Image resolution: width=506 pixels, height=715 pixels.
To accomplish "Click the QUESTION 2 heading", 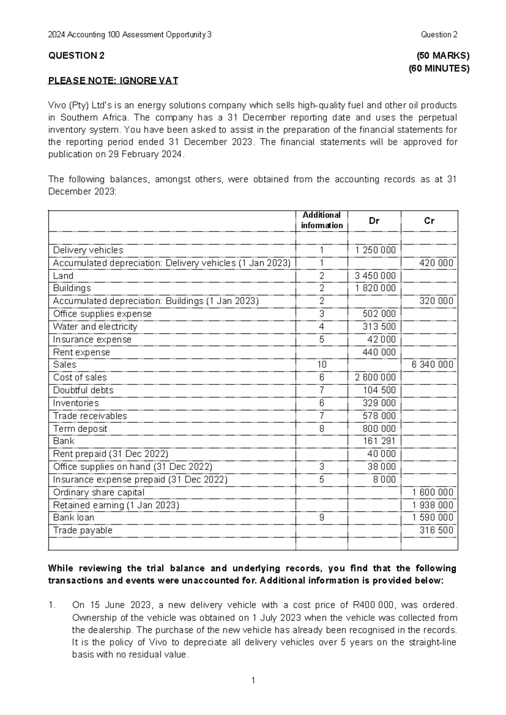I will coord(76,56).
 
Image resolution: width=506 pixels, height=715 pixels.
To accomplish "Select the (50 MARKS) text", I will coord(443,56).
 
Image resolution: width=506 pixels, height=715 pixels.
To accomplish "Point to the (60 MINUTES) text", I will coord(439,68).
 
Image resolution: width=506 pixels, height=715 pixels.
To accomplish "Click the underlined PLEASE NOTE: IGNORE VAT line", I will coord(113,81).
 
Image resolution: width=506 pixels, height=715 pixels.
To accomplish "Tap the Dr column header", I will coord(374,220).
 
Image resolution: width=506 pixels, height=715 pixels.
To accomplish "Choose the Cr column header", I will coord(429,220).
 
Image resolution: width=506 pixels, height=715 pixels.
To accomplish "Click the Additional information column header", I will coord(322,220).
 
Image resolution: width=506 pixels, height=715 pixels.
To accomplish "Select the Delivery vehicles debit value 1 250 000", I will coord(375,250).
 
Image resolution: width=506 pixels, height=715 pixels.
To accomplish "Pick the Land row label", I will coord(63,276).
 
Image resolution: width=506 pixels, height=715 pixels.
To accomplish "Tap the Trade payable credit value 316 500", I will coord(436,530).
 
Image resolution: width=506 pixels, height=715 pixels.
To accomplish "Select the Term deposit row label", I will coord(80,429).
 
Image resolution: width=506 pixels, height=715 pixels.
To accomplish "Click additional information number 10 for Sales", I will coord(322,365).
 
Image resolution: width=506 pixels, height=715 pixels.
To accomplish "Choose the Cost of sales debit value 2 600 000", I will coord(375,377).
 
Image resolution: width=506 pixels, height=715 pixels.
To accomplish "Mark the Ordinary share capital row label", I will coord(99,492).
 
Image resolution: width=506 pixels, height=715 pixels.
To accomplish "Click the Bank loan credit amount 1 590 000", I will coord(433,518).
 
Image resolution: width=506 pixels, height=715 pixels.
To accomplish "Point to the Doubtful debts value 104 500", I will coord(379,390).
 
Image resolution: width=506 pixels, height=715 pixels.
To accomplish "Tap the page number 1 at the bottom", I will coord(253,680).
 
